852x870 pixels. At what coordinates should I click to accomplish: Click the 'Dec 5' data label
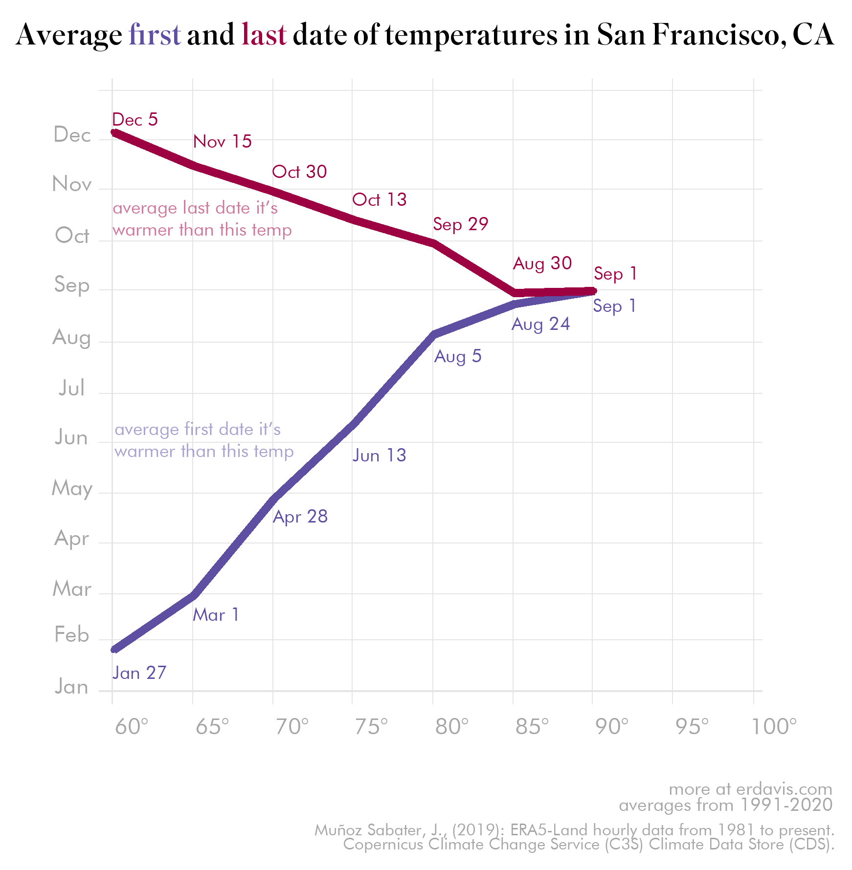tap(135, 120)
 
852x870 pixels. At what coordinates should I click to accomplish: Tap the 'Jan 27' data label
tap(139, 673)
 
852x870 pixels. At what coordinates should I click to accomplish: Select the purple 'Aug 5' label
tap(458, 356)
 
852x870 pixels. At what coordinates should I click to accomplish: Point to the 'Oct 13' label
tap(380, 199)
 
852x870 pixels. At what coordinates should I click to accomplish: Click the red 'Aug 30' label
tap(542, 263)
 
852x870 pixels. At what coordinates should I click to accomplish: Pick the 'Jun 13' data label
tap(380, 456)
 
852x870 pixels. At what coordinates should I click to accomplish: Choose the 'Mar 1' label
tap(216, 615)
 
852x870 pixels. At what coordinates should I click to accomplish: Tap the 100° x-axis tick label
tap(774, 727)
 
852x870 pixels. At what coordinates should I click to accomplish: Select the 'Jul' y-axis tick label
tap(72, 388)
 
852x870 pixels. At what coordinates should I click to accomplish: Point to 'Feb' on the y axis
tap(72, 635)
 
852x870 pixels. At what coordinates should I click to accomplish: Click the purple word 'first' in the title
tap(155, 35)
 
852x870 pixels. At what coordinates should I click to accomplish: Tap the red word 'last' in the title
tap(264, 35)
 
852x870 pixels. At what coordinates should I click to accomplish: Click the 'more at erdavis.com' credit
tap(750, 789)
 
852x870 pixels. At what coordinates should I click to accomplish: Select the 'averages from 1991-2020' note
tap(726, 805)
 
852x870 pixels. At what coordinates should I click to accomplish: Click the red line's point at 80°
tap(433, 243)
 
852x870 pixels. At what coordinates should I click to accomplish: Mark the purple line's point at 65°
tap(193, 595)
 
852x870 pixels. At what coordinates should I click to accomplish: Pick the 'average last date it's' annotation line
tap(195, 208)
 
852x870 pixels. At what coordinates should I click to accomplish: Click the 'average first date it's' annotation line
tap(198, 429)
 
